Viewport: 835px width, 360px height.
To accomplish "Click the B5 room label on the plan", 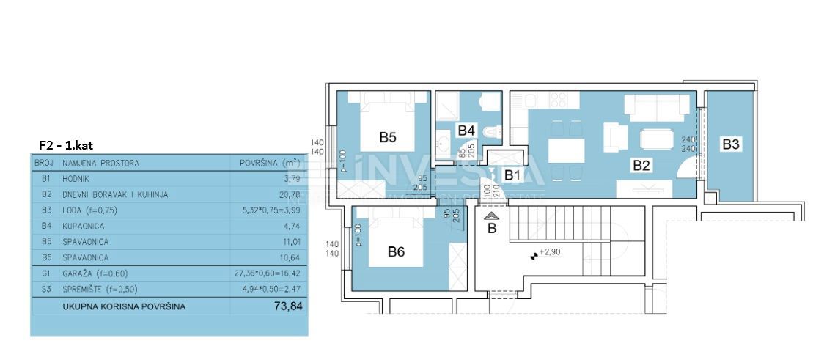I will click(x=388, y=136).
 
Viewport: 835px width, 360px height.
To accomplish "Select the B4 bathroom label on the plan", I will click(x=466, y=131).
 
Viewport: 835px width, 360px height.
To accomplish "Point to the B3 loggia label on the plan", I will click(x=730, y=145).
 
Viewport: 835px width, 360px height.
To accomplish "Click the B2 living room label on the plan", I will click(x=641, y=166).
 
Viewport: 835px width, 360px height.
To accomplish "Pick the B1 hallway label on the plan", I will click(x=512, y=175).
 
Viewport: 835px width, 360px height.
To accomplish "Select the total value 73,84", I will click(x=287, y=306).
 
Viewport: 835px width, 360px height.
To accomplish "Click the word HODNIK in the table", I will click(x=77, y=178).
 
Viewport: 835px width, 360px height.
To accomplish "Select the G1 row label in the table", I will click(x=45, y=273).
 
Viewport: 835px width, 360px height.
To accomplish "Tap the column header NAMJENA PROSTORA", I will click(x=100, y=163).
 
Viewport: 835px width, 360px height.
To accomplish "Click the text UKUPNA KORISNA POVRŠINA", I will click(x=124, y=306).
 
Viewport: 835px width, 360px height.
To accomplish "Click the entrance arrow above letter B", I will click(x=492, y=217).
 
